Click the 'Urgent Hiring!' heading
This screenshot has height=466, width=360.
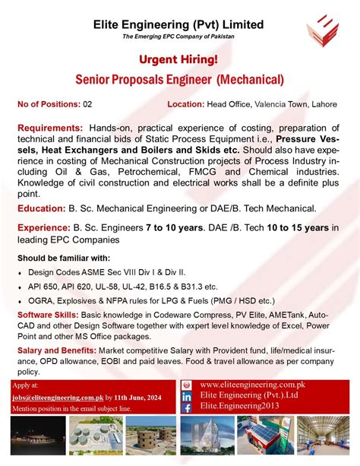click(x=179, y=59)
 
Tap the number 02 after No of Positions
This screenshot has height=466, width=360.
click(x=87, y=103)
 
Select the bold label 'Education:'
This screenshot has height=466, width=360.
click(x=42, y=208)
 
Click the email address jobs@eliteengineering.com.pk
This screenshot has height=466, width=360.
click(x=57, y=396)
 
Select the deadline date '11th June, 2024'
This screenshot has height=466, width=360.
click(x=142, y=396)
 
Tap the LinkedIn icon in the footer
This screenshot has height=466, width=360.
click(x=187, y=396)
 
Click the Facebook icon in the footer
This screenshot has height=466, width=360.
click(x=187, y=407)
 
